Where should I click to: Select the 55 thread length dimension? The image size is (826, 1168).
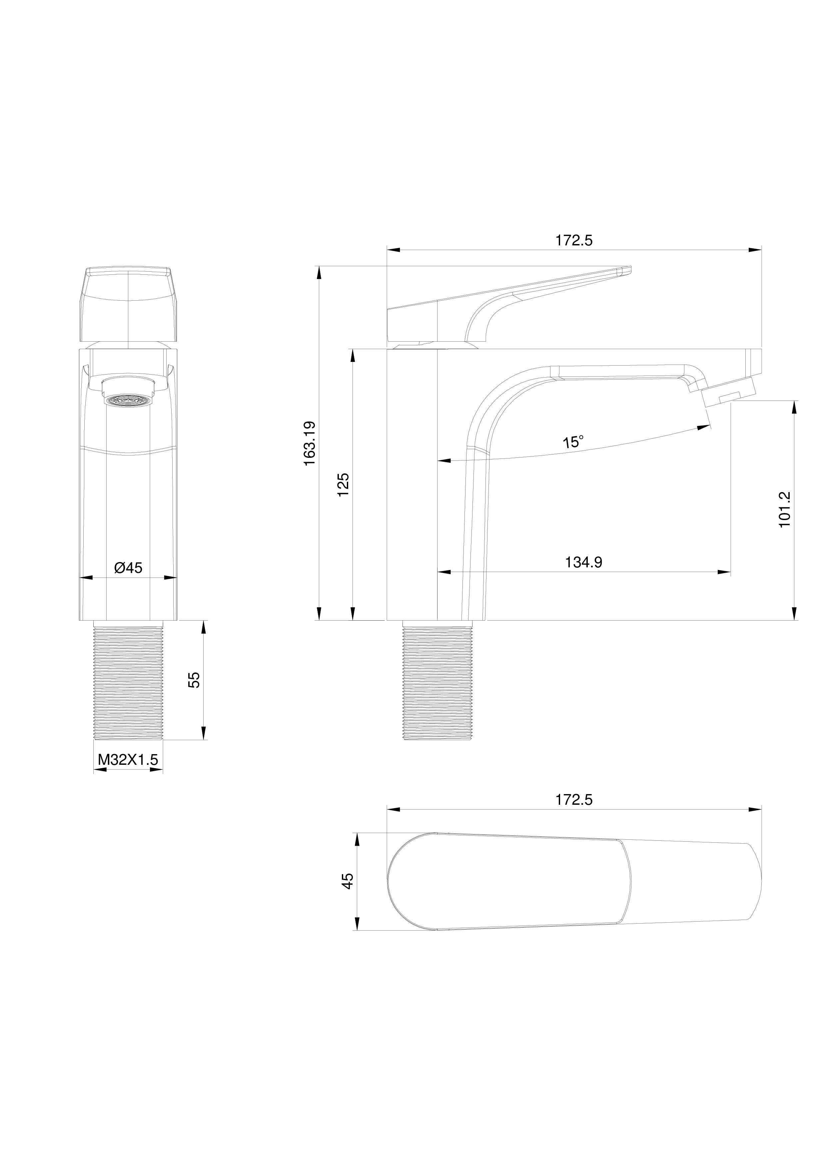click(x=194, y=680)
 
